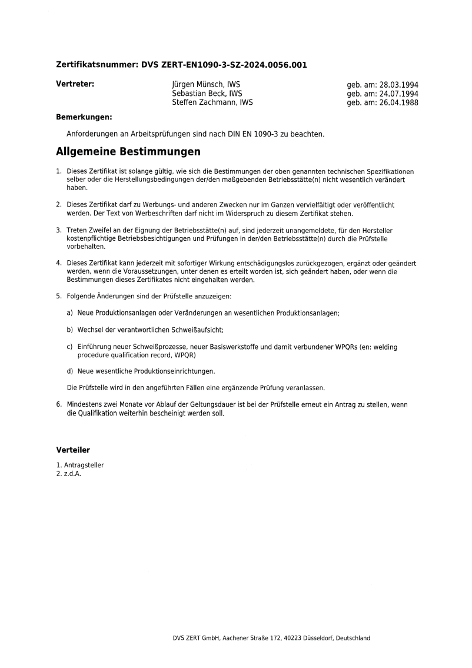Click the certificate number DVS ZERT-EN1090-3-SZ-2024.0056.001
(224, 65)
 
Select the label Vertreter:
(75, 84)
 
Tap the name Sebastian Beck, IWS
(207, 94)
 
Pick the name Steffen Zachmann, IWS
(212, 102)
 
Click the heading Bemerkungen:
(84, 117)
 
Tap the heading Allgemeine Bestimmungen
(128, 152)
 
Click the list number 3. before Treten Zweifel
(58, 230)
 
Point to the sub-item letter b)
(70, 330)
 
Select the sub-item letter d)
(70, 371)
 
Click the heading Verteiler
(73, 450)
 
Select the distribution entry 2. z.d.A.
(68, 473)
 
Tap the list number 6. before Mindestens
(58, 405)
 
